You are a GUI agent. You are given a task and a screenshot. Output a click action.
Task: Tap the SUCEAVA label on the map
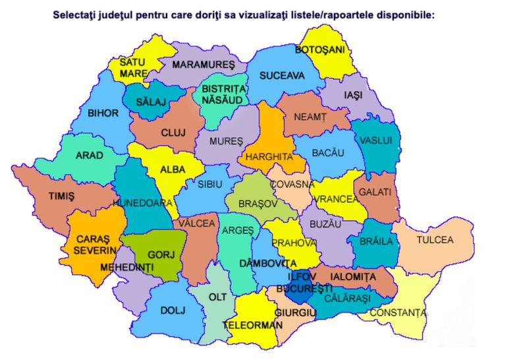282,76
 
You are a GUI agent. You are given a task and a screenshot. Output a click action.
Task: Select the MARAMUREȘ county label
204,65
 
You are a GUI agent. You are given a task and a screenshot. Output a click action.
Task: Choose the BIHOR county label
103,113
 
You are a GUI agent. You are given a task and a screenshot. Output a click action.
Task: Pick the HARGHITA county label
268,157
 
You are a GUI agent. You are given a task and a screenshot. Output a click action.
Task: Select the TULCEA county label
435,240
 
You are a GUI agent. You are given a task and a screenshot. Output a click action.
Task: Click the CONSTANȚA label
397,313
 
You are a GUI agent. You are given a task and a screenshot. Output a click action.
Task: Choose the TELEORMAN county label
252,325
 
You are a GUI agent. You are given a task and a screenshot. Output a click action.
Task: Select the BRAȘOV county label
251,205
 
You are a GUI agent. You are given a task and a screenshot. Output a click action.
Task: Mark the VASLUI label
376,140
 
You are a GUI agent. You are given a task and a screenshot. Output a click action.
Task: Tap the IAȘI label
353,96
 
